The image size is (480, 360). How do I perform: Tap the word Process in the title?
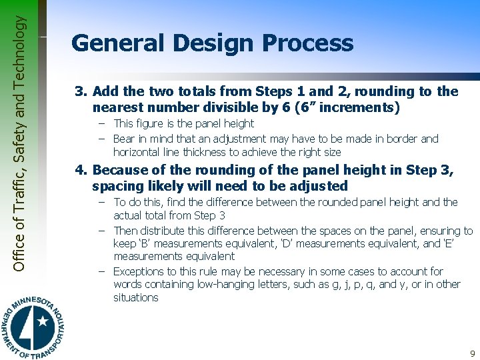pyautogui.click(x=307, y=43)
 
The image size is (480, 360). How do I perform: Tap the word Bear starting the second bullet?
pyautogui.click(x=124, y=139)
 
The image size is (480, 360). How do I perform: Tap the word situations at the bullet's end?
pyautogui.click(x=135, y=297)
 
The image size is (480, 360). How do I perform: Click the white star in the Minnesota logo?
pyautogui.click(x=43, y=321)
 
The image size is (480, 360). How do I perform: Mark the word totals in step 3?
pyautogui.click(x=185, y=91)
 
